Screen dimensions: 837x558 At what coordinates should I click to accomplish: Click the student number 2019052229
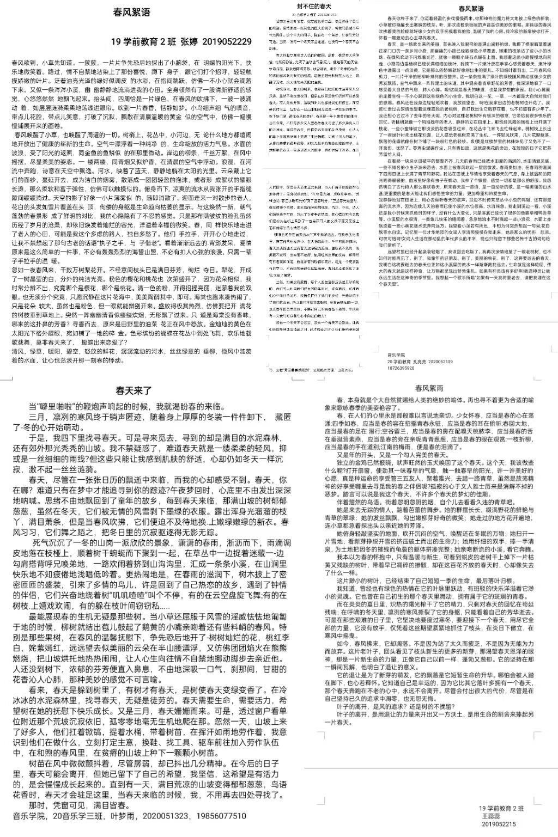click(x=227, y=41)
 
